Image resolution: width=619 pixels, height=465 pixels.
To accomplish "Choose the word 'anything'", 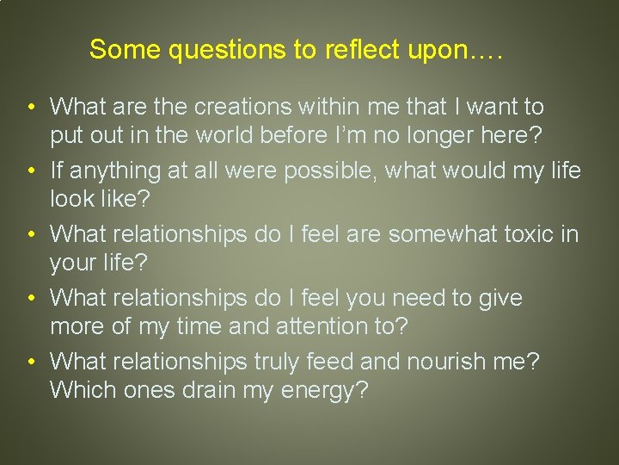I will click(114, 170).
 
